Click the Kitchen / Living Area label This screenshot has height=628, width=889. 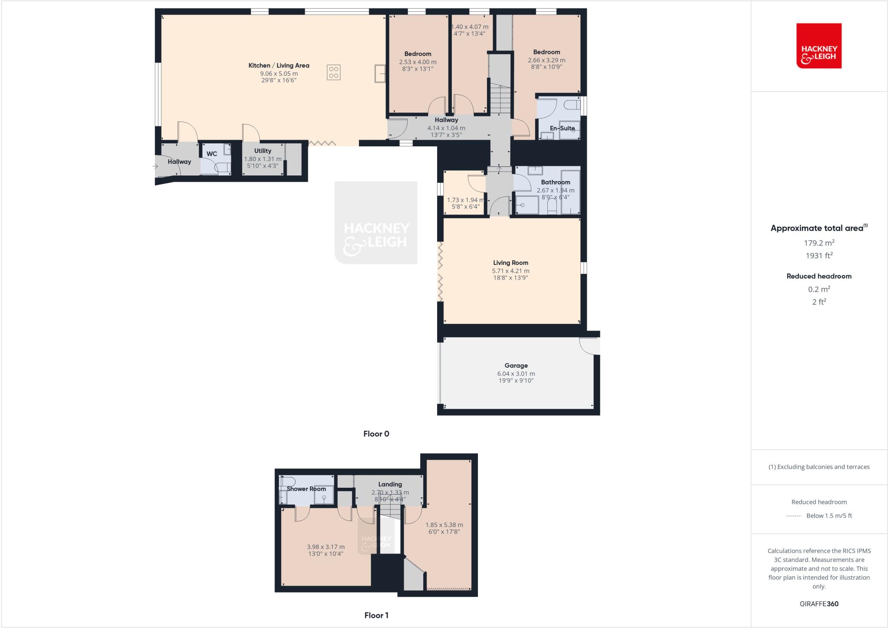click(279, 66)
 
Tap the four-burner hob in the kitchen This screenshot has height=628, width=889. click(333, 73)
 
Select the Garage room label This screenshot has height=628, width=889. click(516, 366)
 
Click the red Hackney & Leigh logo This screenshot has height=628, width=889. click(819, 46)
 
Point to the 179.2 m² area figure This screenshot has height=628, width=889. click(819, 243)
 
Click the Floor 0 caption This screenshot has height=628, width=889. click(376, 434)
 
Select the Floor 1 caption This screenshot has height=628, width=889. click(376, 615)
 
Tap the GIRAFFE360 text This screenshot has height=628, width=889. click(819, 604)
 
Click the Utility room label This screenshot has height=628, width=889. click(263, 151)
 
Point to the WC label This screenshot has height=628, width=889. click(212, 154)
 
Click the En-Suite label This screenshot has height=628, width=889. click(562, 128)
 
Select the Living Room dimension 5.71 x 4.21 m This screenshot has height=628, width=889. click(510, 271)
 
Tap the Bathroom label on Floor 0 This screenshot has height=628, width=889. click(555, 182)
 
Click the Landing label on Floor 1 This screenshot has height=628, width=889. click(390, 484)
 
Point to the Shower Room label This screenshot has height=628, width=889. click(306, 489)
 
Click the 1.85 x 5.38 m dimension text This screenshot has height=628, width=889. click(444, 525)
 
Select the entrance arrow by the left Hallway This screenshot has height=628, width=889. click(155, 166)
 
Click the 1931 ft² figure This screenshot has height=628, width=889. click(819, 256)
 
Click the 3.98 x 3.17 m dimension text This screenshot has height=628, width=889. click(326, 547)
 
